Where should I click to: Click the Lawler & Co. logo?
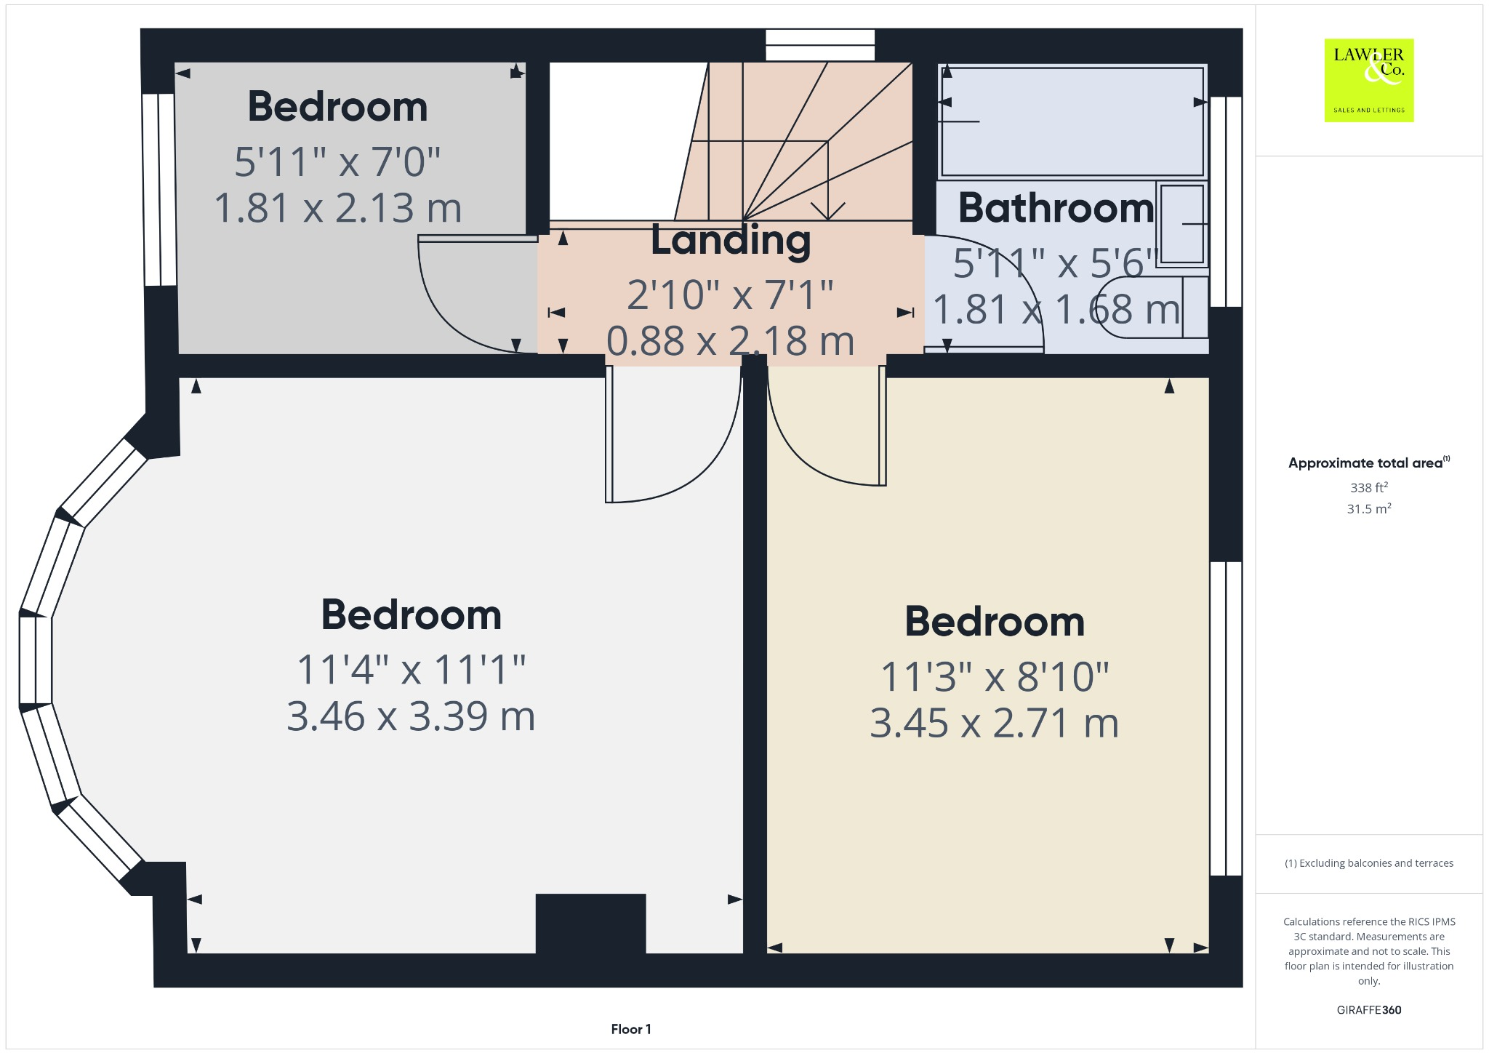[x=1368, y=80]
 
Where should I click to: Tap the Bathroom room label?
[x=1056, y=208]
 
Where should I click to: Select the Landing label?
[x=731, y=240]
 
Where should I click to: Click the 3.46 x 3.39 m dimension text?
[x=411, y=716]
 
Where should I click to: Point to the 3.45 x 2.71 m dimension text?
[x=994, y=724]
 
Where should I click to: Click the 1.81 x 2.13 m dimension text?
[x=338, y=208]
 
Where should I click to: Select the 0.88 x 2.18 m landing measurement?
[x=730, y=340]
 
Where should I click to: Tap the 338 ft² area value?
[x=1368, y=487]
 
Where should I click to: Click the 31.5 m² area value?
[x=1368, y=508]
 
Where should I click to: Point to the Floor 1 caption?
[x=630, y=1029]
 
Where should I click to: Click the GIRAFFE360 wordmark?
[x=1368, y=1009]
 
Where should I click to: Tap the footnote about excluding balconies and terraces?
[x=1368, y=863]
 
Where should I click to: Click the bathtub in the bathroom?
[x=1072, y=121]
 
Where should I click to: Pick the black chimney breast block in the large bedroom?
[x=590, y=923]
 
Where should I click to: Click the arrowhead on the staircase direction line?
[x=827, y=212]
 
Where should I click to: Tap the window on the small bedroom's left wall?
[x=159, y=189]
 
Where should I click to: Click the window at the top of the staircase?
[x=820, y=45]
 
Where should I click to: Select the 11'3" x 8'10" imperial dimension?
[x=994, y=677]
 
